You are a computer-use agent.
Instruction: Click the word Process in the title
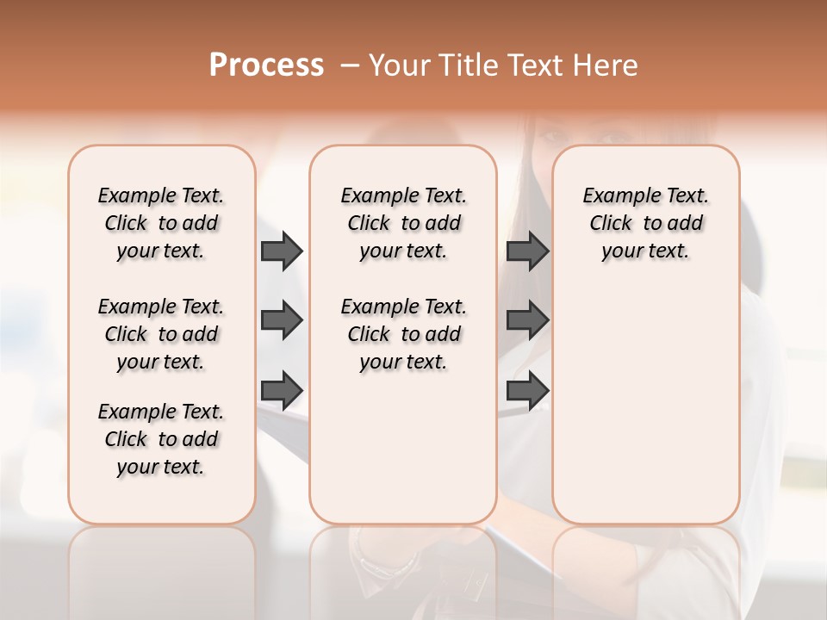(x=266, y=65)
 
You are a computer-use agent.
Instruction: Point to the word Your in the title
(x=400, y=65)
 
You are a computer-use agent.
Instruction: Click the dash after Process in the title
(x=350, y=66)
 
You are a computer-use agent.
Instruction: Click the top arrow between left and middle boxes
(x=282, y=251)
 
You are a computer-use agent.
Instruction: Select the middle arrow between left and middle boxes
(x=282, y=320)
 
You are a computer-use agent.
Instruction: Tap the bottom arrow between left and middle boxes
(x=282, y=390)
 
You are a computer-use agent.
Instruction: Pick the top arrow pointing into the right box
(x=528, y=251)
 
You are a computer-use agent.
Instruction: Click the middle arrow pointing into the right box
(x=528, y=320)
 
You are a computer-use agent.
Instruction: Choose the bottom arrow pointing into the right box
(x=528, y=390)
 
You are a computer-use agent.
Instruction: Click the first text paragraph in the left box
(x=161, y=223)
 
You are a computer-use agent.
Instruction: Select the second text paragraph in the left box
(x=161, y=334)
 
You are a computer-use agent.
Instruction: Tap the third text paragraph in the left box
(x=161, y=439)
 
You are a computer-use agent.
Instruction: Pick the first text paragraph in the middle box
(x=403, y=223)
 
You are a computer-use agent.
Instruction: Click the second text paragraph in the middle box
(x=403, y=334)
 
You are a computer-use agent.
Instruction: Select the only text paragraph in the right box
(x=646, y=223)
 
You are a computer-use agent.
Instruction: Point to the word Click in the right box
(x=611, y=224)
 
